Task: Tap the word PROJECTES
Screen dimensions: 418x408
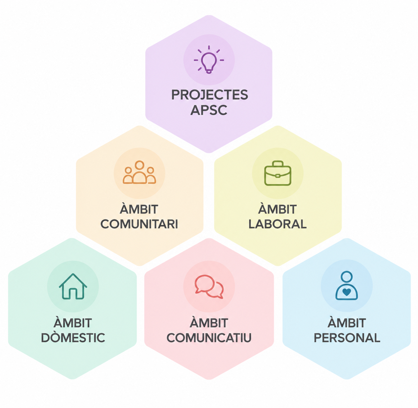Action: (209, 95)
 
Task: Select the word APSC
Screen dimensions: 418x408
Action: (209, 110)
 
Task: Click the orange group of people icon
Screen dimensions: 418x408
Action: (139, 172)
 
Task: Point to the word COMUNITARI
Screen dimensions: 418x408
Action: (139, 224)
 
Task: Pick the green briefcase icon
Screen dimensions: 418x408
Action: (278, 173)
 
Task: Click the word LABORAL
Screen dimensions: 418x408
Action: (278, 224)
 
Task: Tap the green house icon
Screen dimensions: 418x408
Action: (73, 286)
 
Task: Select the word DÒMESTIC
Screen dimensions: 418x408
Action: (73, 338)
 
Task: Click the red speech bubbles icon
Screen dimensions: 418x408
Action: (209, 287)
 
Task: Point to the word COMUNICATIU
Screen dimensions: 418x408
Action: (209, 338)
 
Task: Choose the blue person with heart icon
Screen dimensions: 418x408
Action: (347, 286)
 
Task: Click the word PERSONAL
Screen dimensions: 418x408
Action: (347, 338)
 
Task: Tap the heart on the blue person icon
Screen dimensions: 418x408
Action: (347, 292)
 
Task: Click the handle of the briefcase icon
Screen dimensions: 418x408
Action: (278, 164)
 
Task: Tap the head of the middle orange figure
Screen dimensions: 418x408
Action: (139, 165)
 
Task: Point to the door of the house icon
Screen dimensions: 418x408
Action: (73, 293)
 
